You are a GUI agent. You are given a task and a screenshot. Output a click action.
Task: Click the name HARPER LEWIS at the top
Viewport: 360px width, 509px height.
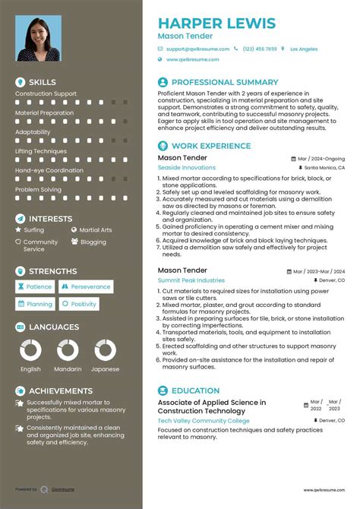pos(216,23)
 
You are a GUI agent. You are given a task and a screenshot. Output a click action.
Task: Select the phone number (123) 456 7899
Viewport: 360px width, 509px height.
pos(260,49)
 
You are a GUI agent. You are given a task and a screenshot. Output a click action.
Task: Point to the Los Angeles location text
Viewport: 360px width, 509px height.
pos(304,49)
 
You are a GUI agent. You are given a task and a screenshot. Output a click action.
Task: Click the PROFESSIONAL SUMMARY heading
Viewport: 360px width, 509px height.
pos(225,82)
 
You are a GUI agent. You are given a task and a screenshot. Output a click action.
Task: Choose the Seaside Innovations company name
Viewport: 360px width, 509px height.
pos(186,168)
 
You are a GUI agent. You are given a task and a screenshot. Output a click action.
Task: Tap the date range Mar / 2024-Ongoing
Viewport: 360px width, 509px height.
pos(321,159)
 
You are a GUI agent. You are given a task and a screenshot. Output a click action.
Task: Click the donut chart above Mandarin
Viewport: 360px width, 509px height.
pos(68,350)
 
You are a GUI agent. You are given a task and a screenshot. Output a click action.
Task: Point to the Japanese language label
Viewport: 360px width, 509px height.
pos(106,369)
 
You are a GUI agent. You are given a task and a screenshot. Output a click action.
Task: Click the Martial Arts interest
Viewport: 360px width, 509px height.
pos(95,229)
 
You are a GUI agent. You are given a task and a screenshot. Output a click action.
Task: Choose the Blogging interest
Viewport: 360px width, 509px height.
pos(93,242)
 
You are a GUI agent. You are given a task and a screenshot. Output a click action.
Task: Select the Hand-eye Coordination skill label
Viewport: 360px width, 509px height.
pos(49,170)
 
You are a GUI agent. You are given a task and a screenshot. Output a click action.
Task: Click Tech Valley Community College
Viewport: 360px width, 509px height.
pos(204,420)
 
